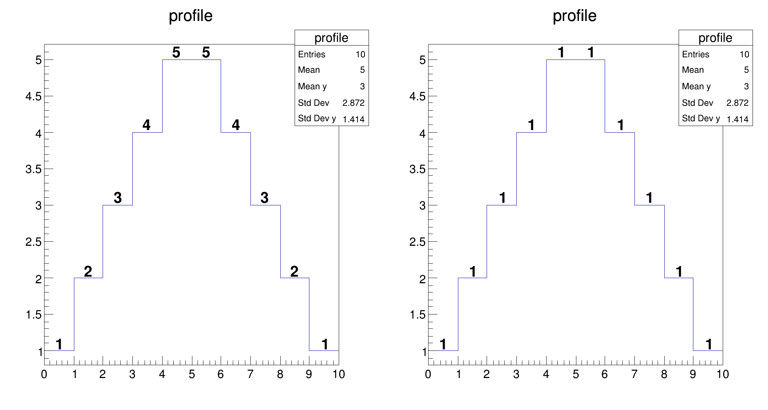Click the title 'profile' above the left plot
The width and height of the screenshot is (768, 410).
click(x=191, y=16)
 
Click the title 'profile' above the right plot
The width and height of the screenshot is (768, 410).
click(x=575, y=16)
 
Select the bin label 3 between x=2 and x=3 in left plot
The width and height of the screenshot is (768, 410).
click(x=118, y=198)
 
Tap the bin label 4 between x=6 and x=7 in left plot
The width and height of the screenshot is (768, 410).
click(x=236, y=125)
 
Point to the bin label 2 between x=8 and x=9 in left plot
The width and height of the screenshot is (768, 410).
click(x=294, y=271)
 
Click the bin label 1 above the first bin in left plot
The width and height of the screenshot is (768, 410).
click(x=59, y=345)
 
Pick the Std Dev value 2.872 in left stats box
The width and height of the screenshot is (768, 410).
click(x=353, y=103)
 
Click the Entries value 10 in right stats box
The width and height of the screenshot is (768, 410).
click(x=744, y=55)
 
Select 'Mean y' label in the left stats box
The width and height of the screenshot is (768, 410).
click(x=312, y=86)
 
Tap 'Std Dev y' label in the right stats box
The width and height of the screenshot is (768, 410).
click(x=701, y=118)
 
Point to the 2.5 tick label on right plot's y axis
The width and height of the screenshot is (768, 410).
click(x=417, y=242)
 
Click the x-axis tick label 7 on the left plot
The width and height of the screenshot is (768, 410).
click(x=250, y=374)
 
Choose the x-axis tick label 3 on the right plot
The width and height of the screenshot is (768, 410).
click(x=516, y=374)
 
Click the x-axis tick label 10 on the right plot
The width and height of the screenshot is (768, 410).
click(x=722, y=374)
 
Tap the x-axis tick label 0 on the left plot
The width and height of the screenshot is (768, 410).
click(x=44, y=374)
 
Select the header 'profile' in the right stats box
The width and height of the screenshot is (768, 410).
click(x=715, y=38)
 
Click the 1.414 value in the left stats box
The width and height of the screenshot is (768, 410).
click(x=353, y=119)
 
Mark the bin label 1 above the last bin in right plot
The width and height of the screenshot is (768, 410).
click(x=709, y=345)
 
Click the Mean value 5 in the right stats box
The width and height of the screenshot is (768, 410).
click(x=746, y=70)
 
